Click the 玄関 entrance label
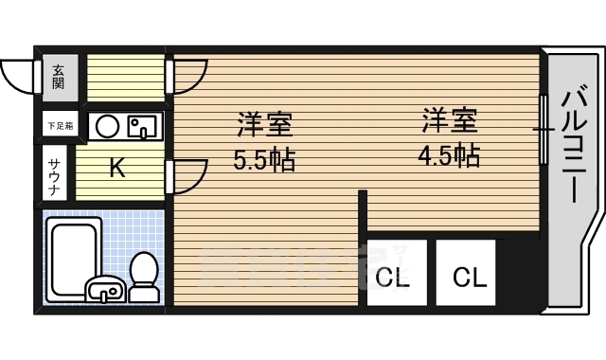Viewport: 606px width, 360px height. (58, 75)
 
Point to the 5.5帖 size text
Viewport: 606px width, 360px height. (264, 158)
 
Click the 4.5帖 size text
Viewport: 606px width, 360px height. (447, 153)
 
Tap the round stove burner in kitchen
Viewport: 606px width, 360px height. (107, 125)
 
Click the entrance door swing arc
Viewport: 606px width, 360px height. (19, 73)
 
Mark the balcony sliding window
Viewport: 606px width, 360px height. (544, 128)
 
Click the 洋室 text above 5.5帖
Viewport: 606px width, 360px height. (264, 124)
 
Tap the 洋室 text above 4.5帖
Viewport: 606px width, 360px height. (448, 120)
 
